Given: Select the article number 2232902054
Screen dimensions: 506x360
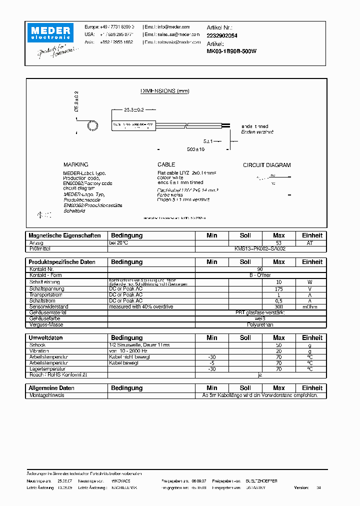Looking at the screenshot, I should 222,35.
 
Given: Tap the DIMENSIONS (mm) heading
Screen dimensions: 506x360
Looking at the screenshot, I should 164,91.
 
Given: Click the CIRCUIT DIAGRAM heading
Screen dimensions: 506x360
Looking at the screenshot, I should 266,165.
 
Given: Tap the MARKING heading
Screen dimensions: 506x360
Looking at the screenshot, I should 75,164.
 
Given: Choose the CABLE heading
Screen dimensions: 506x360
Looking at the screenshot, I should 166,164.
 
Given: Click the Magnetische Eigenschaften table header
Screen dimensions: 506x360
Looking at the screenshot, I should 65,235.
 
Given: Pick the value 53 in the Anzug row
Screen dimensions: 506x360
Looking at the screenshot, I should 278,242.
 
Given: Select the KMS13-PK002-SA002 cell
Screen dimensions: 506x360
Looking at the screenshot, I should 260,248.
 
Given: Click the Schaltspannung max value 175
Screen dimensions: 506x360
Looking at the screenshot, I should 278,289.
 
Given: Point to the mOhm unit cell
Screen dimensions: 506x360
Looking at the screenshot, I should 312,306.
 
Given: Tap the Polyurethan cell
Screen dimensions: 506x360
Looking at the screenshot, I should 260,324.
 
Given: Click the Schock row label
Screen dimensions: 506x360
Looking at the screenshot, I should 37,345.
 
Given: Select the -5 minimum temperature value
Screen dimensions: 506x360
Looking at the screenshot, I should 211,363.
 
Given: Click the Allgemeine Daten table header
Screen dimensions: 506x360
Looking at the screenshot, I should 52,388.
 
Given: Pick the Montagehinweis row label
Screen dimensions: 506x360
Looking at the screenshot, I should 46,395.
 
